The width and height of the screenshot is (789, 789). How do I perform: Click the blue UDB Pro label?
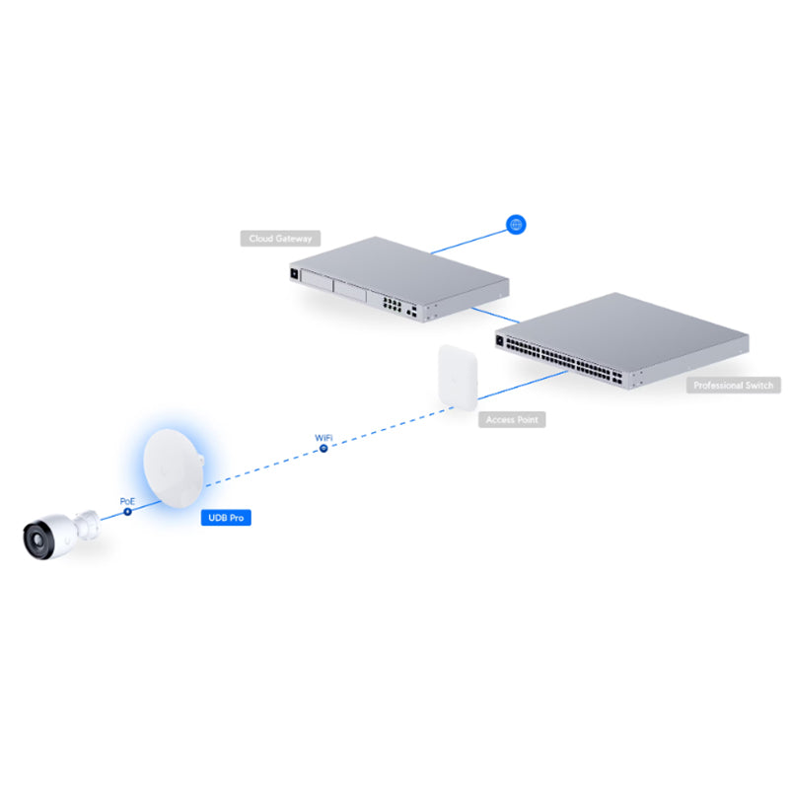(226, 517)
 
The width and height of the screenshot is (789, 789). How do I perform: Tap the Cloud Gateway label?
(280, 239)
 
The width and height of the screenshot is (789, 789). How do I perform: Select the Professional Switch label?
(733, 386)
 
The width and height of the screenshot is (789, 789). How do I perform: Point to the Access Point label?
(512, 420)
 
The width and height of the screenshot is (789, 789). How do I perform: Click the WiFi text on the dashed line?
(323, 438)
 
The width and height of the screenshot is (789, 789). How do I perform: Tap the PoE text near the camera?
(127, 501)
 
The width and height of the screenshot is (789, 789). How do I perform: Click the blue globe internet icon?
(516, 225)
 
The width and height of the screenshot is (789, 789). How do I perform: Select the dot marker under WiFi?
(323, 448)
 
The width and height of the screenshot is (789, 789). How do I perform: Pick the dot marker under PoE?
(128, 511)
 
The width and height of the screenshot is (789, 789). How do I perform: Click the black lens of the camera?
(36, 540)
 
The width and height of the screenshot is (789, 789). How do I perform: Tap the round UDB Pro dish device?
(174, 468)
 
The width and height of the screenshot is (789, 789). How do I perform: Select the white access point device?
(458, 378)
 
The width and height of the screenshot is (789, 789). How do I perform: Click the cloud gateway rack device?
(399, 279)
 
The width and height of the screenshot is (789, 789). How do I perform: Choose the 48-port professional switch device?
(622, 340)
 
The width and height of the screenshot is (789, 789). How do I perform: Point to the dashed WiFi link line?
(330, 447)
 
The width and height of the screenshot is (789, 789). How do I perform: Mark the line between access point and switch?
(523, 385)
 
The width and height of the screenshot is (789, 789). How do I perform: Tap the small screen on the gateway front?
(294, 273)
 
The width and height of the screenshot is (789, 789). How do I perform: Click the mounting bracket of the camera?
(87, 527)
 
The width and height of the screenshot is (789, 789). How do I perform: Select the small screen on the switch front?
(500, 340)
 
